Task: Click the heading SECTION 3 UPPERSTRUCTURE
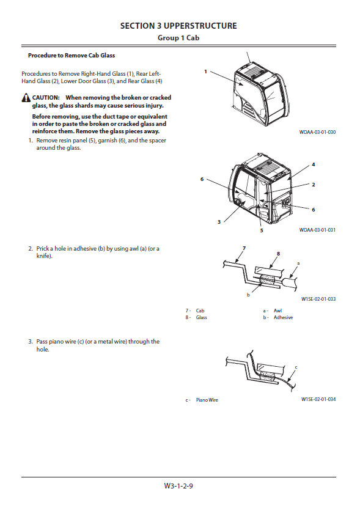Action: click(x=178, y=26)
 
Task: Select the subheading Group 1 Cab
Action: click(x=178, y=38)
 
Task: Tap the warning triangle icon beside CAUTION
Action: click(x=26, y=98)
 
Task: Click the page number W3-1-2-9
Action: click(x=178, y=485)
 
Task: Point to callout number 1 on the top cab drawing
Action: click(x=205, y=72)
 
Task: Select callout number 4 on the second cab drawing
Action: click(x=314, y=164)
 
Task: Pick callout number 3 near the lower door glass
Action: click(x=219, y=222)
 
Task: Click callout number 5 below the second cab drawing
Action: click(x=262, y=230)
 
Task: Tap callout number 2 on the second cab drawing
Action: click(x=314, y=185)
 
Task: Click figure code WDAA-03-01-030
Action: click(x=318, y=132)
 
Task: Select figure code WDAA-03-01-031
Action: click(x=318, y=230)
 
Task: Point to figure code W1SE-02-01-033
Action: click(x=318, y=299)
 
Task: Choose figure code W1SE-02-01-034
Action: click(x=318, y=399)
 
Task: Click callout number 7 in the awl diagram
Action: click(x=244, y=248)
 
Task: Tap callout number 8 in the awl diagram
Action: click(x=278, y=254)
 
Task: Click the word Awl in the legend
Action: click(x=277, y=311)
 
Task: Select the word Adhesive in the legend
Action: click(x=283, y=317)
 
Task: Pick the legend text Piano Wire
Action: click(x=207, y=400)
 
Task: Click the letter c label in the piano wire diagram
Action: click(x=296, y=367)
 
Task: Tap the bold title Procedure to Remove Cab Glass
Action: click(x=72, y=56)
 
